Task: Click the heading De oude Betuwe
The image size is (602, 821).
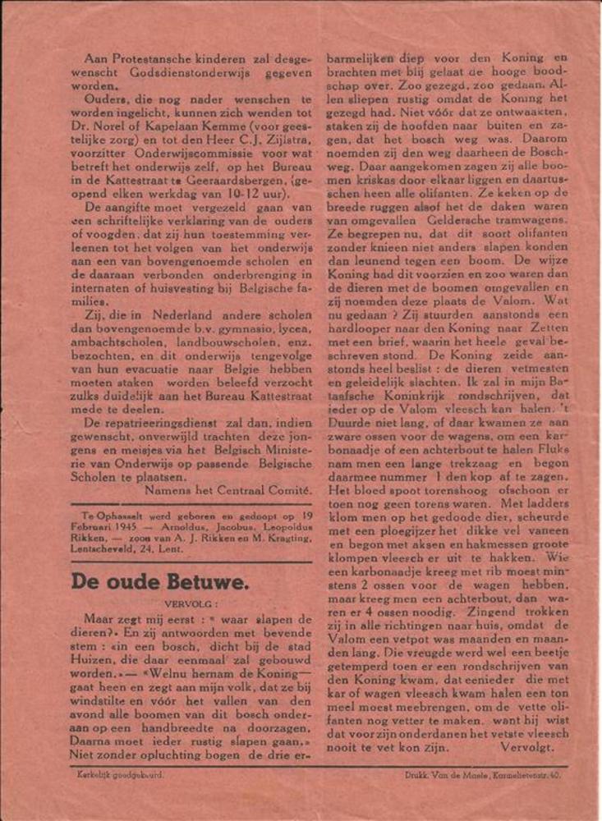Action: coord(159,581)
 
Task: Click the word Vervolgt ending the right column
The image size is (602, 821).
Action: coord(532,748)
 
